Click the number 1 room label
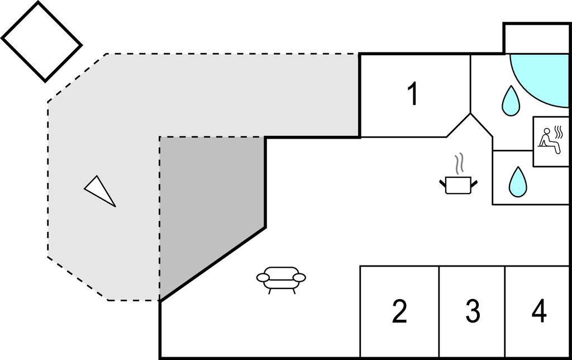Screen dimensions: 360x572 click(x=412, y=94)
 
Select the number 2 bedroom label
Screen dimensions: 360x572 click(x=399, y=312)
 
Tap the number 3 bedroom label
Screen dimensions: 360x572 click(x=473, y=312)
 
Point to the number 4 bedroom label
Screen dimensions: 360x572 click(x=539, y=312)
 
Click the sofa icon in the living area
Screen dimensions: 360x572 click(x=282, y=278)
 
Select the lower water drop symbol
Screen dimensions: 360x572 click(x=518, y=182)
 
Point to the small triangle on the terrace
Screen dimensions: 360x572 click(x=100, y=190)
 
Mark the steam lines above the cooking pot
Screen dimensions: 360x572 click(x=459, y=164)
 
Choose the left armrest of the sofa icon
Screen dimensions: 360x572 click(x=264, y=277)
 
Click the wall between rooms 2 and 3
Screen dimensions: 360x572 click(x=439, y=312)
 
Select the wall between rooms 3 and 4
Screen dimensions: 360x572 click(x=506, y=312)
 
